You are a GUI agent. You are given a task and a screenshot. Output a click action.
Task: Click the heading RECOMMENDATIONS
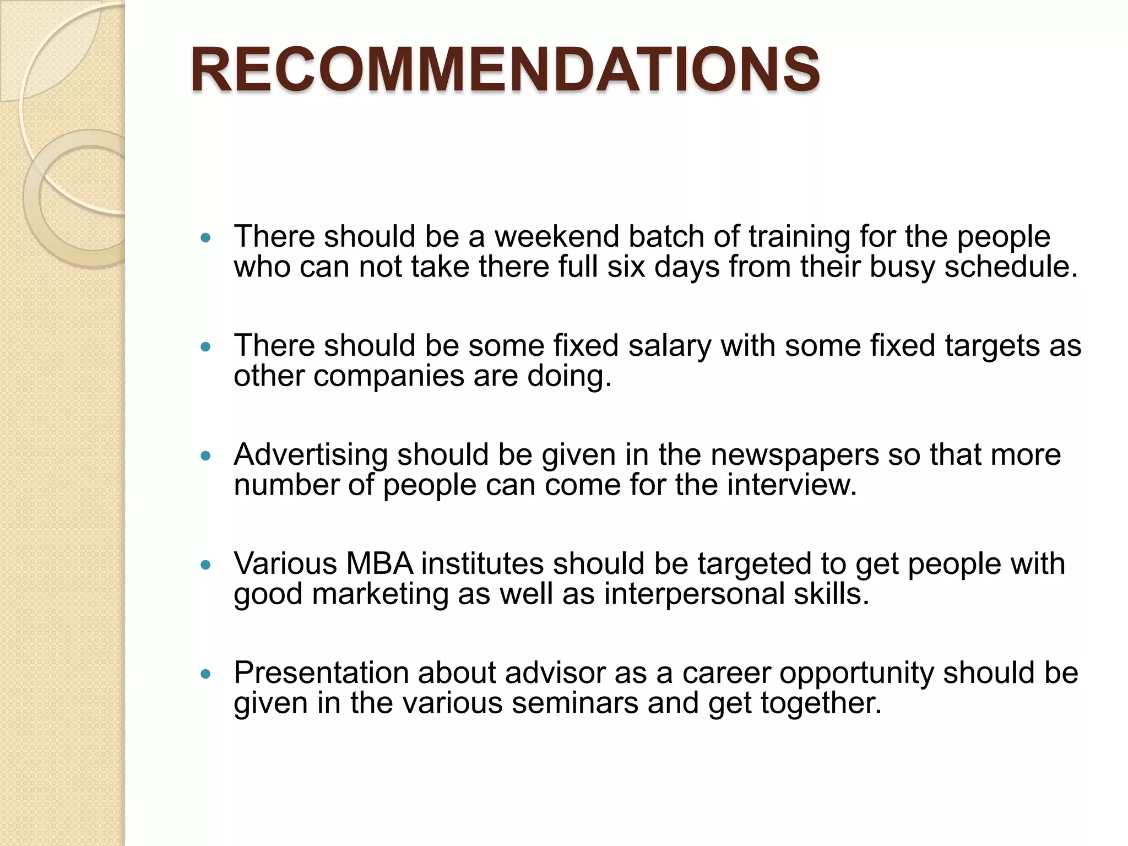coord(505,70)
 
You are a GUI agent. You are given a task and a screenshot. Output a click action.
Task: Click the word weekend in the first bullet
coord(556,236)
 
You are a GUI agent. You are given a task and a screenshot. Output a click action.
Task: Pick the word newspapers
coord(794,455)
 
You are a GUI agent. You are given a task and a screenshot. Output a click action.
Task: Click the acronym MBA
coord(379,563)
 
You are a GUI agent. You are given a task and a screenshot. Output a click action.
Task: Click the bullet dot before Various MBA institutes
coord(206,565)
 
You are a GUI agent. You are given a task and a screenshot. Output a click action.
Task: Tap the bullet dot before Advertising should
coord(206,456)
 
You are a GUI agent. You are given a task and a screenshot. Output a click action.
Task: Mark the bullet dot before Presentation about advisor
coord(206,674)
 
